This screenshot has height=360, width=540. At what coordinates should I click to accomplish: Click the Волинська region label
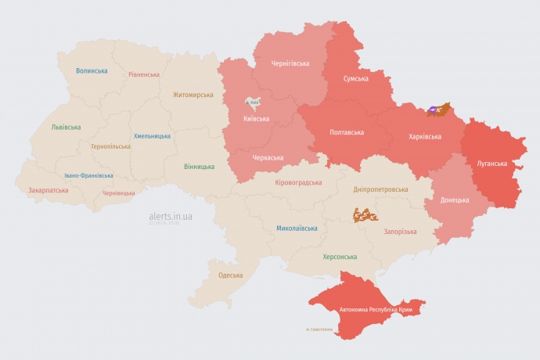(92, 70)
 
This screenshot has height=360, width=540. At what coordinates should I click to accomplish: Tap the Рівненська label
(145, 74)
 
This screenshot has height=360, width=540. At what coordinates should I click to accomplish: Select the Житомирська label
(193, 95)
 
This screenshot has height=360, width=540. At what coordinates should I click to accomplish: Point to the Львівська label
(66, 127)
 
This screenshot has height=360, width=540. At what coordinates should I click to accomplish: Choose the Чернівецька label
(118, 193)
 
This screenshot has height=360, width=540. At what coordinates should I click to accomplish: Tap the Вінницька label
(199, 167)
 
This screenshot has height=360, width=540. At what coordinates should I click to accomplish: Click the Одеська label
(230, 275)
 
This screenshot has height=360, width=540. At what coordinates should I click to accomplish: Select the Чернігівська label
(290, 63)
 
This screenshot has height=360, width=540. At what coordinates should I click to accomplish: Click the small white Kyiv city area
(254, 102)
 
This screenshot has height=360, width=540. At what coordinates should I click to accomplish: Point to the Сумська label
(356, 79)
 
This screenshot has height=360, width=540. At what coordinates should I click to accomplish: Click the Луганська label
(491, 164)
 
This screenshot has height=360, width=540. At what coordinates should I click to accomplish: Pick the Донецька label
(455, 200)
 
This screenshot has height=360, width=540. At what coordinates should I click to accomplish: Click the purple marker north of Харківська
(432, 110)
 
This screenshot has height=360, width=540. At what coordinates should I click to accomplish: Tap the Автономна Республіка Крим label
(376, 310)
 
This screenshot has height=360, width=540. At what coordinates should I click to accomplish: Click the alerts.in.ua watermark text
(171, 215)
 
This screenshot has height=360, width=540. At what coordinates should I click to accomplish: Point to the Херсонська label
(340, 257)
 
